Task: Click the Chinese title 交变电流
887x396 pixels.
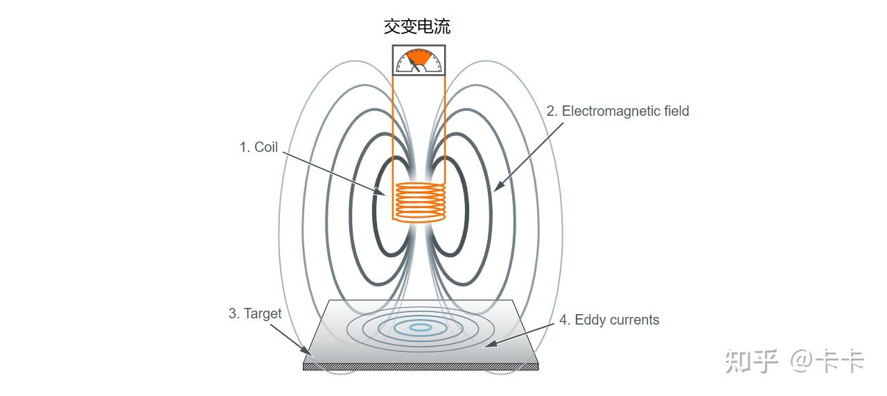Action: (417, 26)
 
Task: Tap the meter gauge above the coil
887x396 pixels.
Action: (419, 60)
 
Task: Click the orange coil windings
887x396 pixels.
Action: (419, 202)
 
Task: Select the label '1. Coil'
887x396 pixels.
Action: (258, 147)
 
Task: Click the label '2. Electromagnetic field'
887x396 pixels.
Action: (617, 111)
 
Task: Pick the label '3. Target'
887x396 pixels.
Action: (255, 313)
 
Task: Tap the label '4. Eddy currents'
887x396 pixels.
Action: (609, 320)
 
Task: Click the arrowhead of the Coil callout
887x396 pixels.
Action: (380, 192)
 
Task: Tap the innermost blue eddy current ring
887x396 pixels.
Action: (419, 327)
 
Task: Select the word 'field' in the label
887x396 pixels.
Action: (674, 111)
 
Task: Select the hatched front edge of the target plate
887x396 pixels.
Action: (421, 366)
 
